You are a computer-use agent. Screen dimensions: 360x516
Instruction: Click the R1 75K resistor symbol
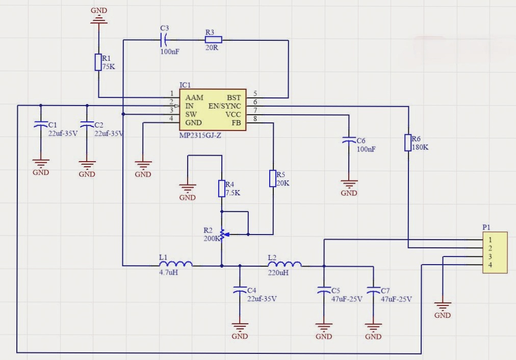tap(98, 62)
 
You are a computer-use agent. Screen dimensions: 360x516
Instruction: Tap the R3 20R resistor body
tap(213, 39)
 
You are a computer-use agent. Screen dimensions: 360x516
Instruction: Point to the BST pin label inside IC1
tap(234, 97)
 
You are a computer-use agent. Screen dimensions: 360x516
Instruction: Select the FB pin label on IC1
tap(237, 123)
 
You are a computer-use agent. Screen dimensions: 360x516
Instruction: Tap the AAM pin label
tap(194, 97)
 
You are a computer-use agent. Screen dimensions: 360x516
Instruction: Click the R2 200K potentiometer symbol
tap(222, 235)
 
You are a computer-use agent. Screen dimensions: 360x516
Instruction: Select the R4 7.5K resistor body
tap(222, 188)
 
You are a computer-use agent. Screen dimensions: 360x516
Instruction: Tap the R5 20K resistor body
tap(273, 178)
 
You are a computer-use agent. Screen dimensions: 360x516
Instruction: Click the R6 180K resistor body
tap(408, 143)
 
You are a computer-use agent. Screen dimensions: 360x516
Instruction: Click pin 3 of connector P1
tap(490, 256)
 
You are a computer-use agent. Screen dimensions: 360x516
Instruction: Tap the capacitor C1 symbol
tap(40, 124)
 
